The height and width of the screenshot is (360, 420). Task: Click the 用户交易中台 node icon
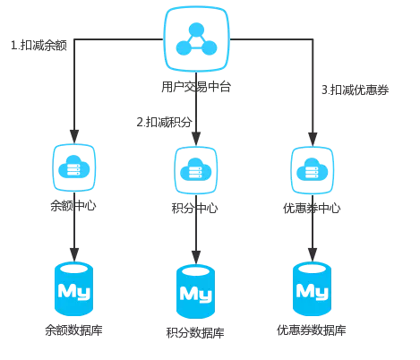(x=196, y=39)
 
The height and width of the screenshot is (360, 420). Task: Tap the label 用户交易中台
(x=196, y=87)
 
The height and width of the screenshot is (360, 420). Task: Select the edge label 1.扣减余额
(x=39, y=46)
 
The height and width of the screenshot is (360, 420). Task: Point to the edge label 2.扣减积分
(x=164, y=122)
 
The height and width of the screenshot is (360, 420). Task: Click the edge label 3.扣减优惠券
(x=355, y=90)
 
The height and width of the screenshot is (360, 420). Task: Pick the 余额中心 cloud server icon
(x=74, y=167)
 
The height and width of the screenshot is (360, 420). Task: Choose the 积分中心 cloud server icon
(x=196, y=170)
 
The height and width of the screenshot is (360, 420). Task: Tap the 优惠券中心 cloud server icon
(x=313, y=170)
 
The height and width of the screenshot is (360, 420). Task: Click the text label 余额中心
(x=73, y=206)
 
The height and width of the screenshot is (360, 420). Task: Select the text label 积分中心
(x=194, y=209)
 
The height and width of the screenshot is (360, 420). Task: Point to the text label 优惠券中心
(x=312, y=209)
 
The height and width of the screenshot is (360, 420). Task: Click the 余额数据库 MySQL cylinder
(x=73, y=288)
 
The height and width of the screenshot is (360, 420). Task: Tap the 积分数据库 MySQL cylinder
(x=195, y=291)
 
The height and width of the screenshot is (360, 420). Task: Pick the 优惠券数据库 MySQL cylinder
(x=312, y=288)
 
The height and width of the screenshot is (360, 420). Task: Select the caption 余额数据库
(x=73, y=330)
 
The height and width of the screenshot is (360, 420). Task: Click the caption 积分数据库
(x=195, y=333)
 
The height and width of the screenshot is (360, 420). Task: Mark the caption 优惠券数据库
(x=312, y=330)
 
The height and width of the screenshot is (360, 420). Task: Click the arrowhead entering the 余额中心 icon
(x=74, y=137)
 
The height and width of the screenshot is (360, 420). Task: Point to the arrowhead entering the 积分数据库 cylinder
(x=196, y=258)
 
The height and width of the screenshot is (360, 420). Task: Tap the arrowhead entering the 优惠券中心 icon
(x=313, y=140)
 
